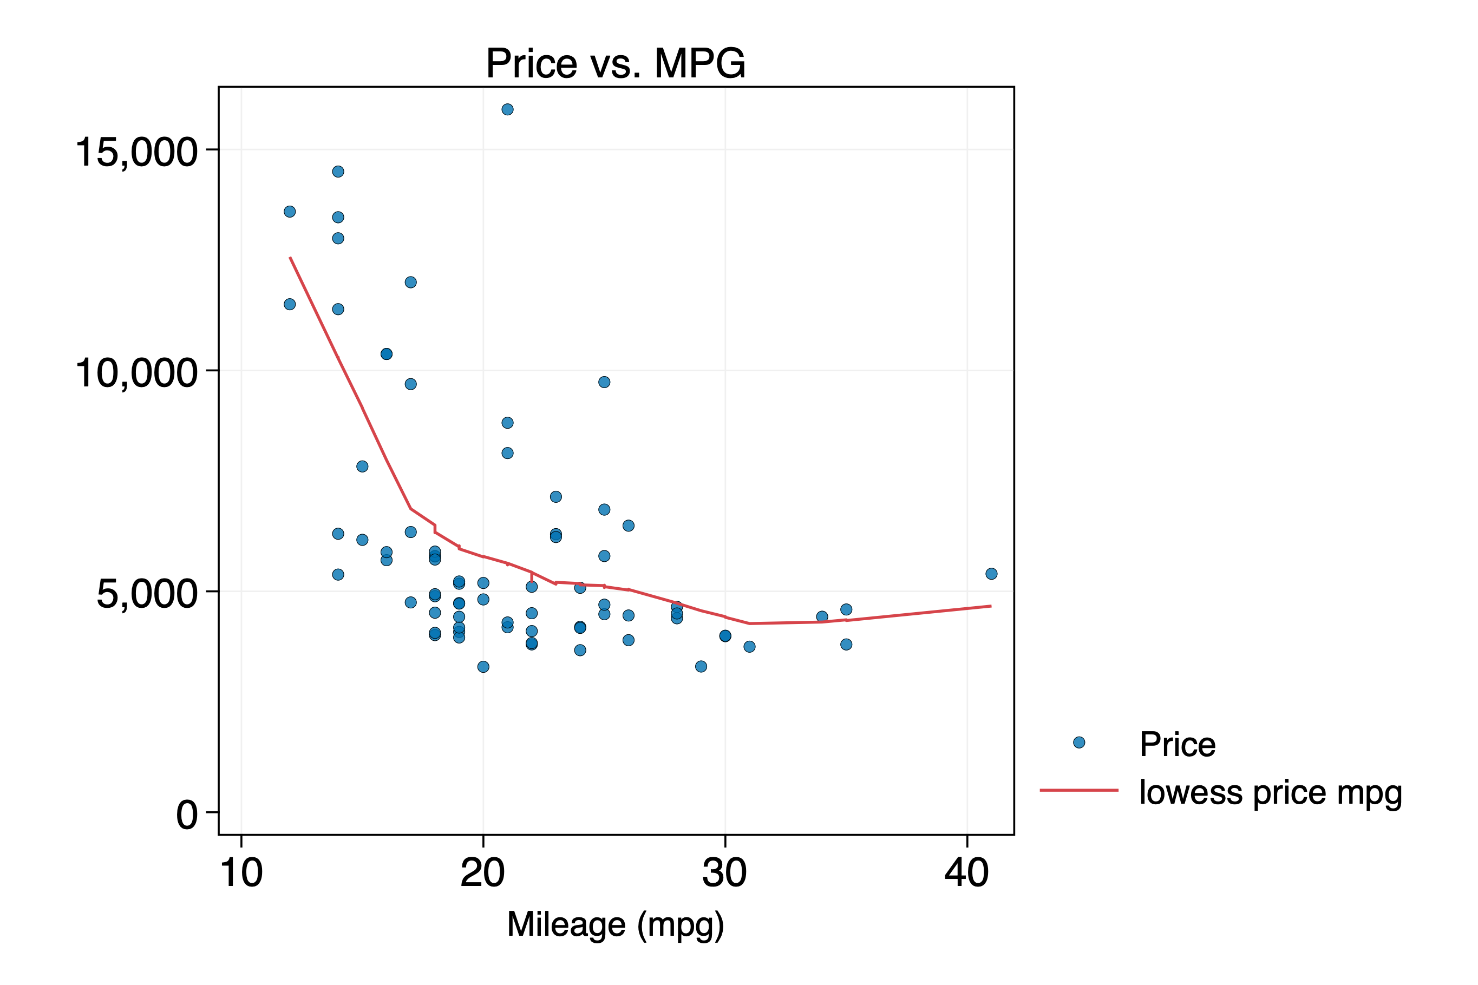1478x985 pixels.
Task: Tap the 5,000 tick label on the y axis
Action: tap(146, 593)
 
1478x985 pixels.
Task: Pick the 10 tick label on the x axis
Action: tap(241, 873)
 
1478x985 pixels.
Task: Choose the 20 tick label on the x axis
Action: tap(482, 873)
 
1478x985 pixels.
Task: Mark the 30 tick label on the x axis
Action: tap(724, 873)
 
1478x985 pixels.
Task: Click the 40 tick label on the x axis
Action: tap(966, 873)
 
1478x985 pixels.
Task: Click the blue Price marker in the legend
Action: tap(1079, 743)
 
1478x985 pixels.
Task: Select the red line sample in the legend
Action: tap(1079, 790)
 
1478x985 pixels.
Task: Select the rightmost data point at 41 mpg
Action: tap(991, 574)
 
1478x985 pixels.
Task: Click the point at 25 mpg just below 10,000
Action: tap(604, 382)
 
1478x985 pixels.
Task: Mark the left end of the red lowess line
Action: tap(290, 258)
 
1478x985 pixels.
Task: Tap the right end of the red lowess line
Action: tap(990, 606)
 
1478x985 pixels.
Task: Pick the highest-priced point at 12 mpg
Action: tap(290, 212)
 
